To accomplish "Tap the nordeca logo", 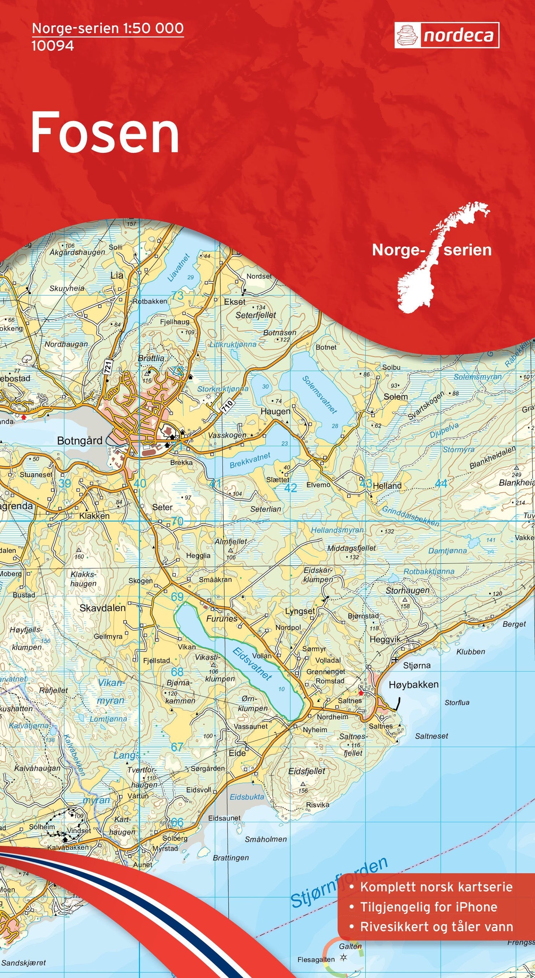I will pyautogui.click(x=447, y=35).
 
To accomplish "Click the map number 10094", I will pyautogui.click(x=52, y=46).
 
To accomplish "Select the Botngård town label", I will pyautogui.click(x=80, y=440).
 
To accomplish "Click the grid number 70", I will pyautogui.click(x=177, y=521).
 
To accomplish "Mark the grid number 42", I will pyautogui.click(x=291, y=488).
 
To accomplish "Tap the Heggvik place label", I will pyautogui.click(x=385, y=639).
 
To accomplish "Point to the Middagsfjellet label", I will pyautogui.click(x=351, y=548).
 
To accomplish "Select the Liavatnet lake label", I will pyautogui.click(x=178, y=267).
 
